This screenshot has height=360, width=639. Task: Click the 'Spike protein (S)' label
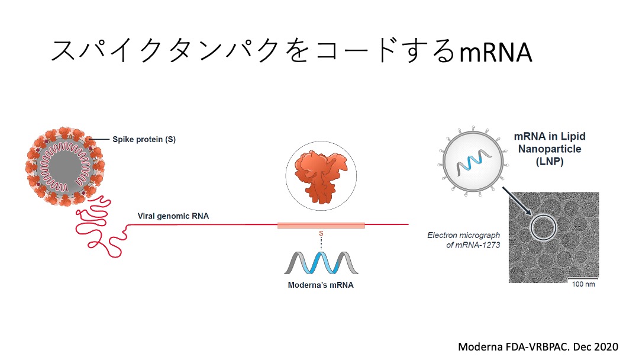(144, 140)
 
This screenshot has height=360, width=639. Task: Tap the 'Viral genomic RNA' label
(173, 216)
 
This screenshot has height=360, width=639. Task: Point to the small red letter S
(321, 234)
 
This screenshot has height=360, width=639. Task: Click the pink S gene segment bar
(321, 225)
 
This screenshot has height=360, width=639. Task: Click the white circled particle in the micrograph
(543, 227)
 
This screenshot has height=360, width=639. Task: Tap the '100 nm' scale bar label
(583, 284)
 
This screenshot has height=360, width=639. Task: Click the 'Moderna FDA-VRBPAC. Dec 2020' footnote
(538, 346)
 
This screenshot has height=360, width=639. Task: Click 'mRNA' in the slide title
(495, 52)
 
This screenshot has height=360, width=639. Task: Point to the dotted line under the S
(321, 243)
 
